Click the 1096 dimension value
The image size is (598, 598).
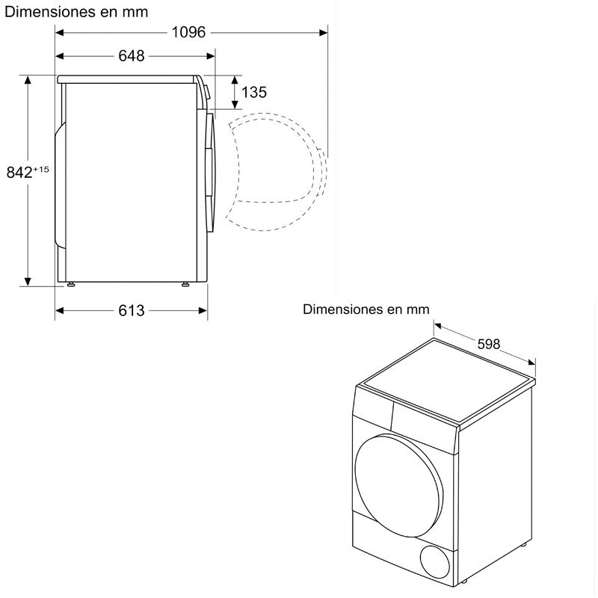(188, 31)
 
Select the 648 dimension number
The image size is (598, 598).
(131, 56)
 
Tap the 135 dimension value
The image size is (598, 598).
(254, 92)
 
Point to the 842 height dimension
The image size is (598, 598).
(19, 172)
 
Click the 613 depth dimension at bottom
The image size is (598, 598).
(131, 310)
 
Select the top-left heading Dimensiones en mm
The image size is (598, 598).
(76, 11)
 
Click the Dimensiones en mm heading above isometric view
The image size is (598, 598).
(366, 309)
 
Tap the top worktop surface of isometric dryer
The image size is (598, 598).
(449, 381)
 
